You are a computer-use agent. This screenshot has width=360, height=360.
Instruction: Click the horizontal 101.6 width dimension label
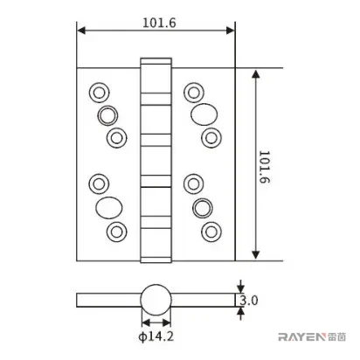pos(159,23)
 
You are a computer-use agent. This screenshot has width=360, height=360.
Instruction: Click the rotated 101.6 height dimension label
pos(265,167)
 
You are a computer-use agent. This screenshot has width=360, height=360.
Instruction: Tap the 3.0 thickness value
pos(249,301)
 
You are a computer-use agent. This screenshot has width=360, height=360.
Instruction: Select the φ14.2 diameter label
pos(156,336)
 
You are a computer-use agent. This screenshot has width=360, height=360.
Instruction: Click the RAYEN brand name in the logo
pos(301,337)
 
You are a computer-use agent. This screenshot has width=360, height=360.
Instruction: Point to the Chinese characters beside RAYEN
pos(336,337)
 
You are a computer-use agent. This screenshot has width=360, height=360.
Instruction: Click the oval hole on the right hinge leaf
pos(204,114)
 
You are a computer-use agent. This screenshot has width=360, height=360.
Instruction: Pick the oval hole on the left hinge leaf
pos(109,208)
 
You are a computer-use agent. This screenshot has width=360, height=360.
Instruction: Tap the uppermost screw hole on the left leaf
pos(100,93)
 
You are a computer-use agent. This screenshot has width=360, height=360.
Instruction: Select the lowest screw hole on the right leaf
pos(211,232)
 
